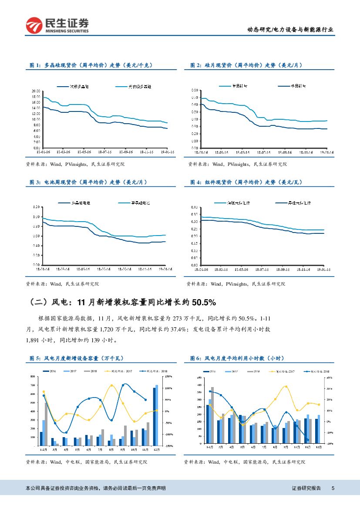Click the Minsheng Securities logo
pos(57,25)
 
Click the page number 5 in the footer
pos(333,488)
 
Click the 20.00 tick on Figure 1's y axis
pos(36,91)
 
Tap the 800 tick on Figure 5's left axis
pos(33,376)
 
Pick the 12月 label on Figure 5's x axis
pos(156,449)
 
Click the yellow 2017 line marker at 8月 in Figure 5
pos(111,385)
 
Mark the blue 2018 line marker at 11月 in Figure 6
pos(308,440)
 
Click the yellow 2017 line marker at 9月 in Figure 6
pos(286,386)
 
